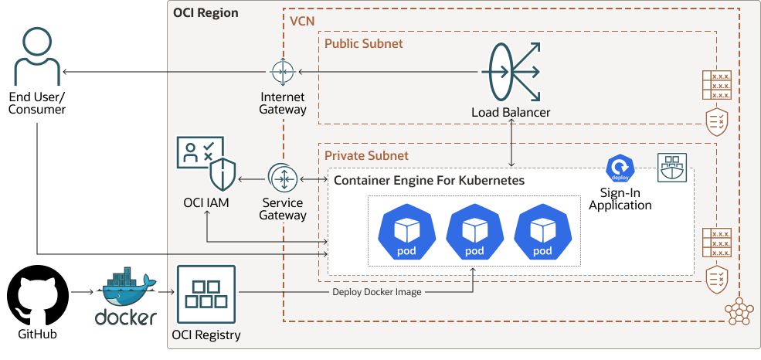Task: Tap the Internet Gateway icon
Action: [x=282, y=72]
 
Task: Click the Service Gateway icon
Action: [x=283, y=179]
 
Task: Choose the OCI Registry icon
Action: [x=206, y=294]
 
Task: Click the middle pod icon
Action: [x=474, y=233]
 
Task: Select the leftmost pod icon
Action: [x=406, y=233]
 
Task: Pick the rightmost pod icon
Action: [x=542, y=233]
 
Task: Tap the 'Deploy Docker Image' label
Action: [x=376, y=292]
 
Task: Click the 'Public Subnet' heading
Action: [x=363, y=43]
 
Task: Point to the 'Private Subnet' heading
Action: [x=366, y=155]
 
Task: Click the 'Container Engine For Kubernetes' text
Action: [x=429, y=181]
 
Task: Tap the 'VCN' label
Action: [x=301, y=20]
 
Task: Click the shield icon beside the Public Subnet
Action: [x=716, y=120]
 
